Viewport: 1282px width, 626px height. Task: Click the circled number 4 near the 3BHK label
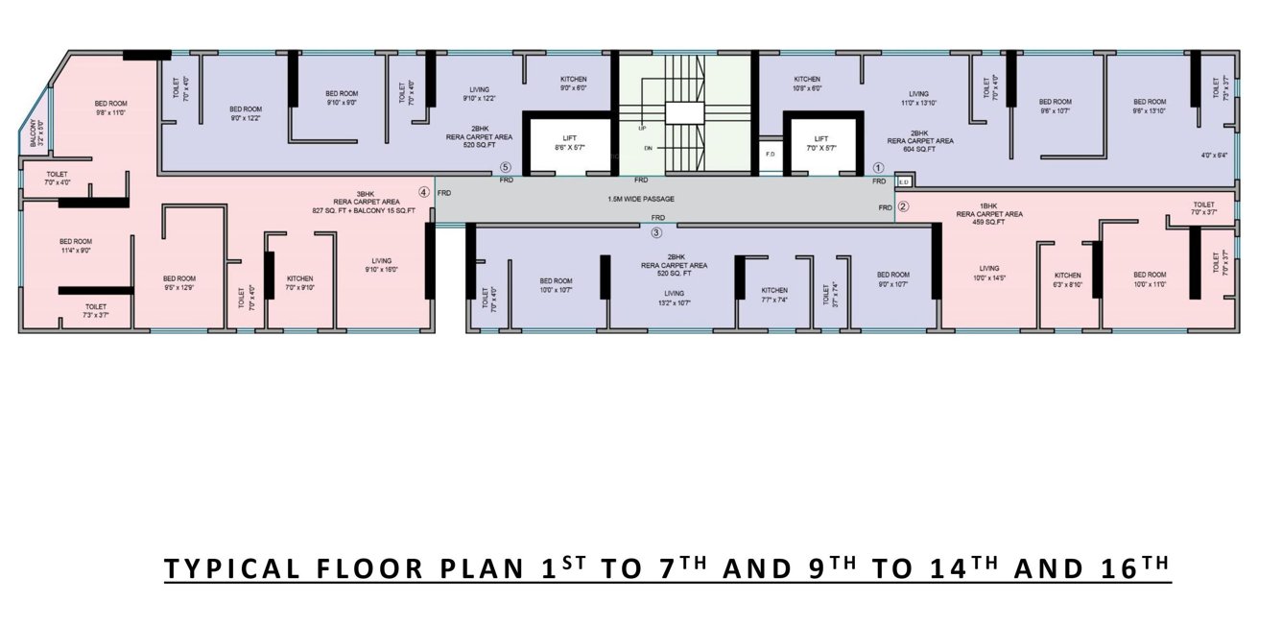click(424, 191)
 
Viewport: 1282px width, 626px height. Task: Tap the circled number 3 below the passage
click(656, 231)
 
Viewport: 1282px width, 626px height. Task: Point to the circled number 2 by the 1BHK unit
click(903, 205)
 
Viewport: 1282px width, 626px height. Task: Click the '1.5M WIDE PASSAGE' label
click(641, 199)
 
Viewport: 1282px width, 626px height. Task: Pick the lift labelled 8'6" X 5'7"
click(571, 144)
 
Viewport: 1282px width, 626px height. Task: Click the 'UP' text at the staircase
click(641, 127)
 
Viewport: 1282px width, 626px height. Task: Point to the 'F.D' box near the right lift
click(770, 154)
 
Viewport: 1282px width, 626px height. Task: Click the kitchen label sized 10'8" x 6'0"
click(806, 84)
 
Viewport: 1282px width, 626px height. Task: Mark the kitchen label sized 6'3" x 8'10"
click(1068, 279)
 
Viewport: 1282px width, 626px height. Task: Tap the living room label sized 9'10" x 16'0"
click(382, 265)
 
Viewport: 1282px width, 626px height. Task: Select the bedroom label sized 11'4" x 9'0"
click(75, 246)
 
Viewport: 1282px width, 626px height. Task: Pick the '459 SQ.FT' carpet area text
click(989, 222)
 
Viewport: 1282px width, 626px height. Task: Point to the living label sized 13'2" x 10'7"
click(675, 298)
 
